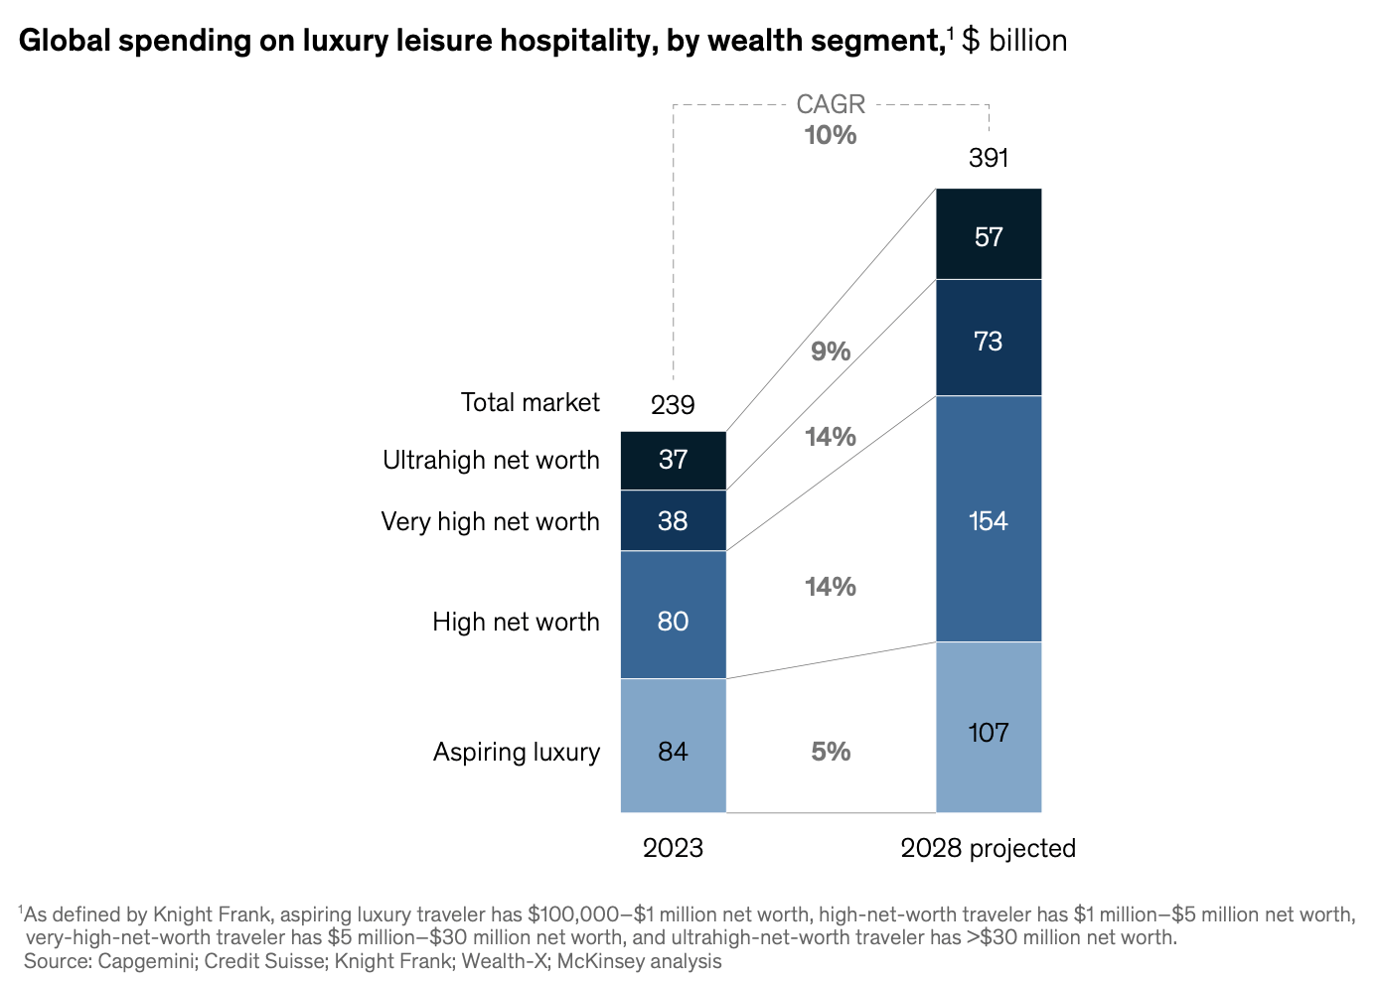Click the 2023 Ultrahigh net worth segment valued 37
(x=673, y=461)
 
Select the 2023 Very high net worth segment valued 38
(x=673, y=521)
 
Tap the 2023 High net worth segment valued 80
(x=673, y=616)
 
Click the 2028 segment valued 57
(x=989, y=234)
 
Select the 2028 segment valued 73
(x=989, y=339)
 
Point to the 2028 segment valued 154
(x=989, y=519)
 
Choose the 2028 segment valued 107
(x=989, y=728)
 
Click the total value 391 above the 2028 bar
(x=989, y=159)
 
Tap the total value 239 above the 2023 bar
(x=673, y=405)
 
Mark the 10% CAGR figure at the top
(x=831, y=135)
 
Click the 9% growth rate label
(x=831, y=351)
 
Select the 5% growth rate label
(x=831, y=752)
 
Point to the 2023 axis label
(x=673, y=848)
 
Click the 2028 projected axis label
(x=989, y=848)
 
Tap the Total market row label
(x=530, y=402)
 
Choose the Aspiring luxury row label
(x=516, y=752)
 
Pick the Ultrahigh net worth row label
(x=491, y=460)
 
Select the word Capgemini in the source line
(x=146, y=961)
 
